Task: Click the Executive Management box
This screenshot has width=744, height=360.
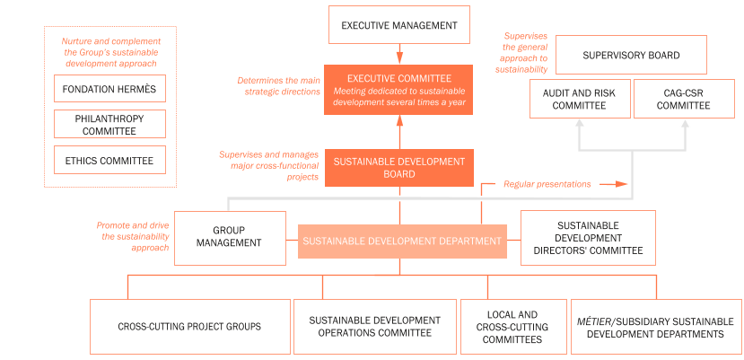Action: click(x=399, y=26)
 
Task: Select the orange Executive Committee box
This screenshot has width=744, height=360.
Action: click(x=399, y=90)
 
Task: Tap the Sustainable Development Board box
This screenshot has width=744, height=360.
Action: click(x=399, y=168)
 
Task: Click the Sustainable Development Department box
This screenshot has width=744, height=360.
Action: click(x=401, y=241)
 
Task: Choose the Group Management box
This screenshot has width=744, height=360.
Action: click(x=230, y=237)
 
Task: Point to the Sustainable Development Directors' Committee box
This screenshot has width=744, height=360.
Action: click(x=588, y=237)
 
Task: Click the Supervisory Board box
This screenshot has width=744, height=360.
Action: click(x=631, y=56)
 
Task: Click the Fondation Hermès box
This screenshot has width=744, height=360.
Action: click(x=109, y=90)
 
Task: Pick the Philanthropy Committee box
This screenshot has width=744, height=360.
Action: click(x=109, y=125)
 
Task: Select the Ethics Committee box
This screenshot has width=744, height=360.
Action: click(x=109, y=161)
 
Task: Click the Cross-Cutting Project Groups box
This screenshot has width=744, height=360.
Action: click(x=188, y=327)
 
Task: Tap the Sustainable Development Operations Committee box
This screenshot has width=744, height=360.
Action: click(x=374, y=327)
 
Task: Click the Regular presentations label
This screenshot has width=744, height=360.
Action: click(x=547, y=184)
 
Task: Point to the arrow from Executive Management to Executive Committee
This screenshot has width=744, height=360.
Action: click(x=399, y=53)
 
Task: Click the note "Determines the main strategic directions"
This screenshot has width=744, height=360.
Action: click(x=278, y=86)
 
